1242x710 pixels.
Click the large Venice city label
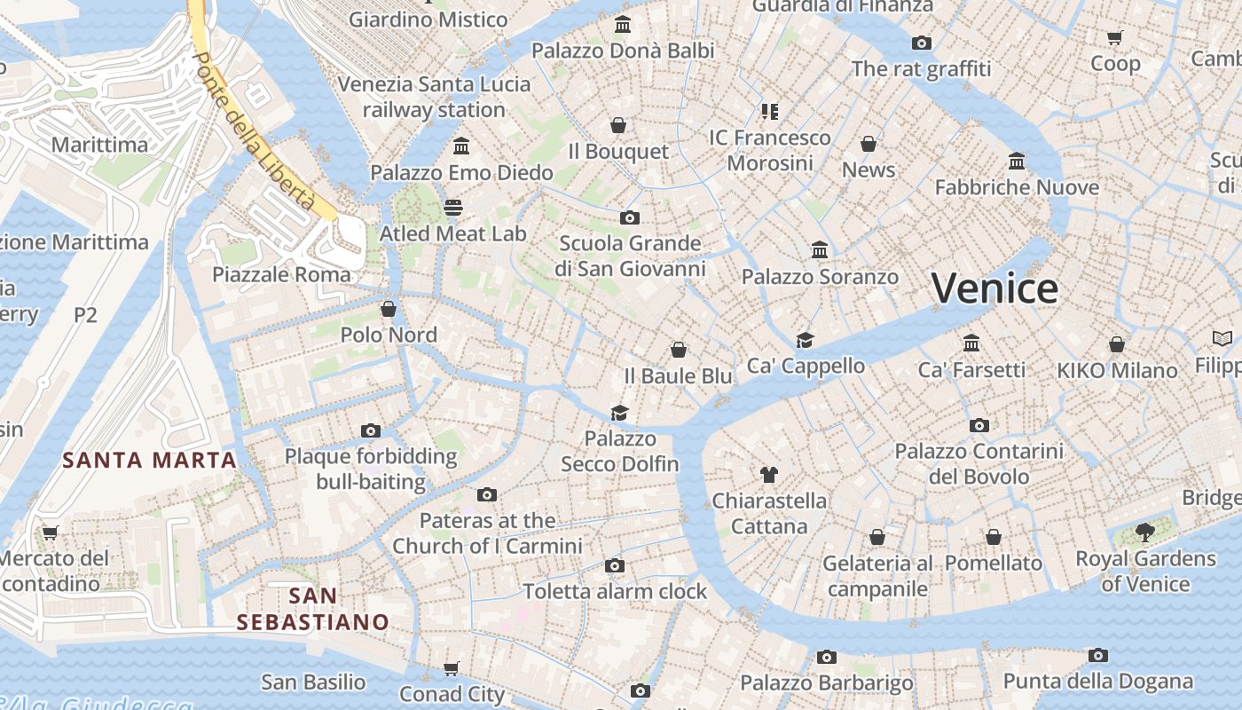tap(994, 288)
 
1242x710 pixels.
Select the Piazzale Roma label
tap(281, 274)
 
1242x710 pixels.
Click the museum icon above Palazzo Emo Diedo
tap(461, 146)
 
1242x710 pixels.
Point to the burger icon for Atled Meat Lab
tap(453, 208)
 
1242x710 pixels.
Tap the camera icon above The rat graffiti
tap(922, 43)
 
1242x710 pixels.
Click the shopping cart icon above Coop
tap(1115, 37)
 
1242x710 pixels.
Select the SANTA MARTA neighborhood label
tap(150, 460)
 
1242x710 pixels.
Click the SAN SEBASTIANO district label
tap(313, 609)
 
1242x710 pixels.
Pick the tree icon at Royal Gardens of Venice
tap(1145, 532)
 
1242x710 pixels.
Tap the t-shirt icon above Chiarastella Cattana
tap(769, 475)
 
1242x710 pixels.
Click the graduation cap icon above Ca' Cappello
tap(805, 340)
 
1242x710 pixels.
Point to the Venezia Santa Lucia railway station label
tap(434, 97)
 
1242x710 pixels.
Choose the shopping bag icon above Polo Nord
tap(389, 309)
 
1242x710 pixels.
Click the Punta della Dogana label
tap(1097, 682)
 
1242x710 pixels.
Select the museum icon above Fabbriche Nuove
tap(1017, 162)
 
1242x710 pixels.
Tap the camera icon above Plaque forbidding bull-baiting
tap(371, 431)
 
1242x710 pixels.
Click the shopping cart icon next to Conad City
tap(452, 668)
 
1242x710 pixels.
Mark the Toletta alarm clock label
tap(615, 591)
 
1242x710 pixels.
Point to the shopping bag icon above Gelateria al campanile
tap(877, 537)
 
